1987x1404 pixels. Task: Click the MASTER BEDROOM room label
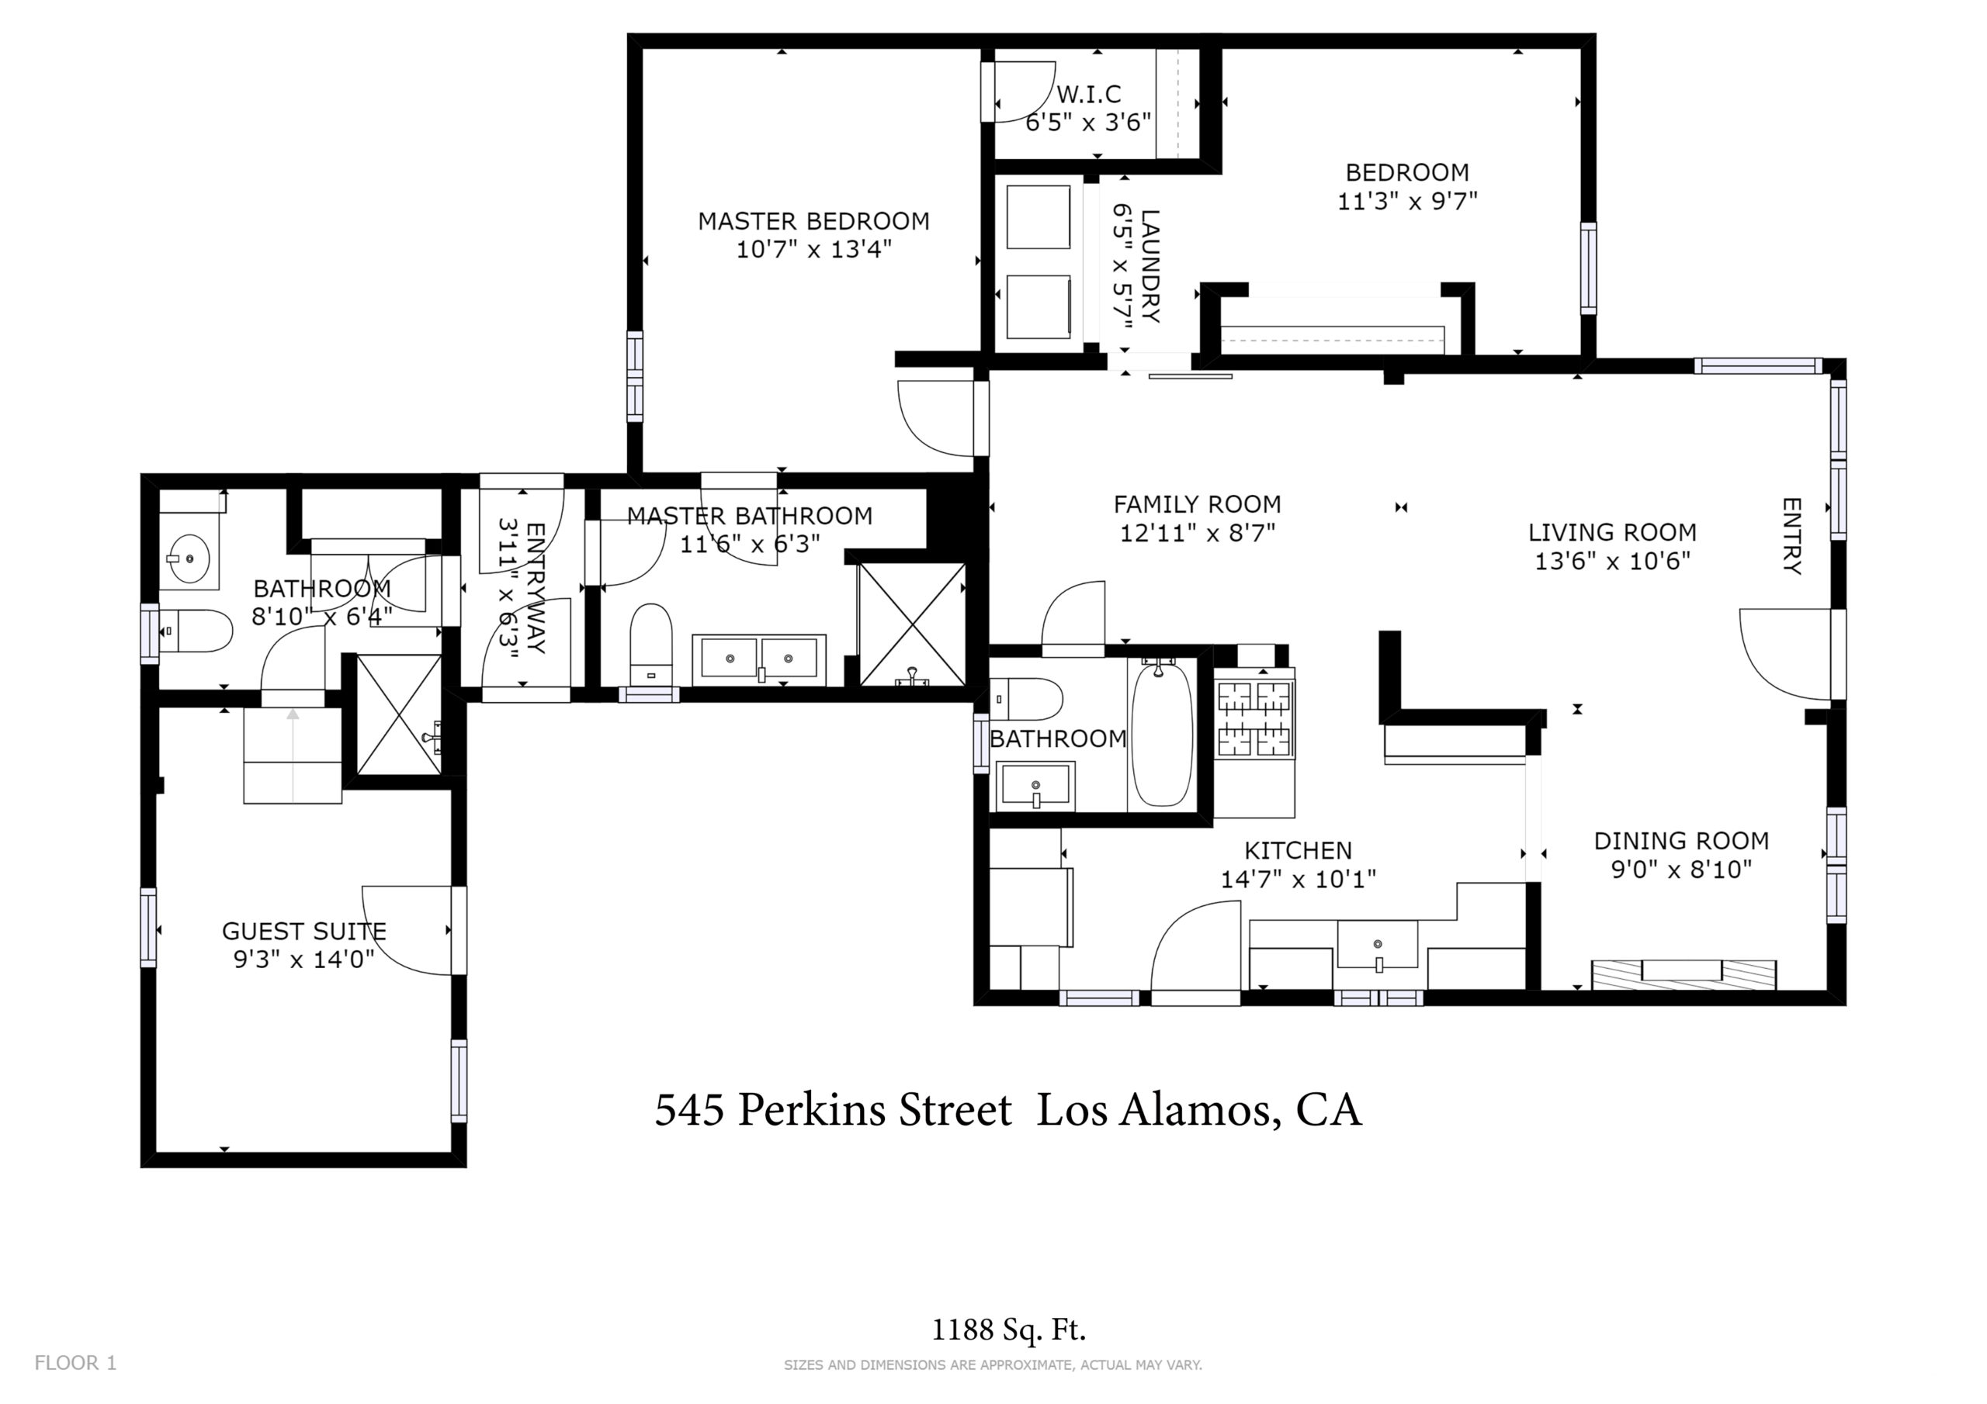point(813,221)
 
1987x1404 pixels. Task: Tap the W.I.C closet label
point(1089,93)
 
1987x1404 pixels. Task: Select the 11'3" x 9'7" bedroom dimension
point(1407,201)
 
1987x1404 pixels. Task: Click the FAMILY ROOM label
point(1197,504)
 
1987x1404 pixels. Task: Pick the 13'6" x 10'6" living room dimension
point(1612,561)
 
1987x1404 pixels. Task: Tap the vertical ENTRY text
point(1791,535)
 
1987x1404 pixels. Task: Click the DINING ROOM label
point(1681,840)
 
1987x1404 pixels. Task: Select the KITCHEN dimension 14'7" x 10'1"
point(1298,879)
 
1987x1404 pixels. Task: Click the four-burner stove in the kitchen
point(1255,718)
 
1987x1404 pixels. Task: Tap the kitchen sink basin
point(1378,944)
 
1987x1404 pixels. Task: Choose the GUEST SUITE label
point(304,931)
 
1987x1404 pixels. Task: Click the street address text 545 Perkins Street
point(833,1110)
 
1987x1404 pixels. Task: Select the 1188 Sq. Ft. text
point(1008,1330)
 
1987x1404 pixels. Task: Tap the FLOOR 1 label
point(75,1362)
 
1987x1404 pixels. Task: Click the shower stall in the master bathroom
point(912,624)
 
